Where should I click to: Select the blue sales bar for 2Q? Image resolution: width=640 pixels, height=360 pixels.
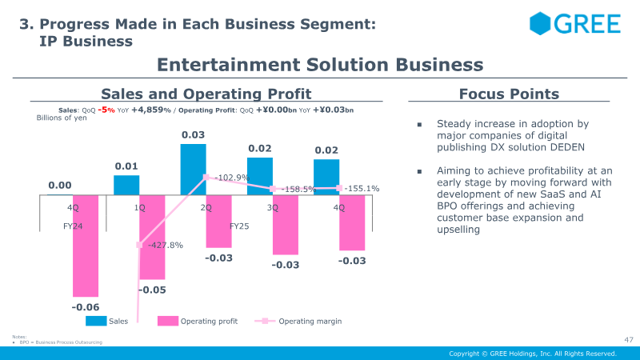click(x=193, y=169)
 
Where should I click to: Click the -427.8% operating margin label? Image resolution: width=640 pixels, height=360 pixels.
click(x=166, y=245)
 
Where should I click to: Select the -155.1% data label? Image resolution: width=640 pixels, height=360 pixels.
click(x=362, y=189)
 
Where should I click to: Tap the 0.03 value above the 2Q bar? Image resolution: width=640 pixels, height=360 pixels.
click(x=193, y=135)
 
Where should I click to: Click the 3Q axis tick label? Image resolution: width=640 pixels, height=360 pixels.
click(x=273, y=208)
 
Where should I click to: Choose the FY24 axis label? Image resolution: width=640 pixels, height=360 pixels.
click(x=73, y=226)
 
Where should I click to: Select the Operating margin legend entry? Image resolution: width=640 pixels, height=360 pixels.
click(x=310, y=322)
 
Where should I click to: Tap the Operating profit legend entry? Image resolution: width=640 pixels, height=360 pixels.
click(x=209, y=322)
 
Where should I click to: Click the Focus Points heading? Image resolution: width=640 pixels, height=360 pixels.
click(x=509, y=94)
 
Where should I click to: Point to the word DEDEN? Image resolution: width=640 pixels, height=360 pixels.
click(x=566, y=147)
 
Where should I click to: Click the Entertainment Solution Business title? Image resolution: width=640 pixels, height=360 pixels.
click(x=320, y=65)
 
